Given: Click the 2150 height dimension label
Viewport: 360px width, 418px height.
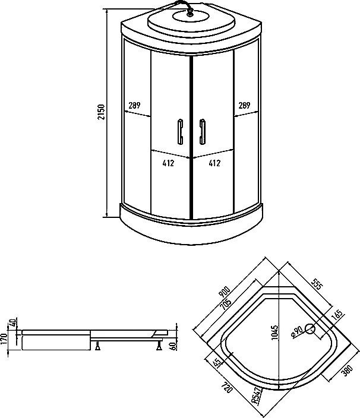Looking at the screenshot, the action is (102, 112).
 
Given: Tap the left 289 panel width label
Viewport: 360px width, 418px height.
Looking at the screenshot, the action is (134, 106).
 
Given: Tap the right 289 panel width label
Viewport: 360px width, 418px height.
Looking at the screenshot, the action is (244, 106).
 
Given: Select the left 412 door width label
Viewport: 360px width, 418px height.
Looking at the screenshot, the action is (168, 163).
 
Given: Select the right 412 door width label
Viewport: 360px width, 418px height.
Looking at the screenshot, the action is (214, 163).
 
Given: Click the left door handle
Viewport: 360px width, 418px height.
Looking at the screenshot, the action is (180, 132).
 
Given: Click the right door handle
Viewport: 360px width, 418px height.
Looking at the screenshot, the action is (203, 132).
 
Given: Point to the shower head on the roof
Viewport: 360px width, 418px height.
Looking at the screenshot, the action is (190, 12).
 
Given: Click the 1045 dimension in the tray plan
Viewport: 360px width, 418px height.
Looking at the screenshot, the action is (274, 332).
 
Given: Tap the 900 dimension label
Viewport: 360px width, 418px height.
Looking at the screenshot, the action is (225, 292).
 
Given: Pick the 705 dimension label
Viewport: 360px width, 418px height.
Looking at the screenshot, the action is (226, 303).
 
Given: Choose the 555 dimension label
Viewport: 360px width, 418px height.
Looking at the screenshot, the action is (317, 284).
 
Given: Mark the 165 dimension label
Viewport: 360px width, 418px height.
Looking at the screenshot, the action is (337, 315).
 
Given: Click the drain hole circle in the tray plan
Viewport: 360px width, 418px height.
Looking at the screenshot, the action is (310, 329).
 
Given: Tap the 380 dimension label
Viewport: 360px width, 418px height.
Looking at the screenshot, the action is (348, 370).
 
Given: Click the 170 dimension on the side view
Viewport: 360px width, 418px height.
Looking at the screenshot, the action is (4, 338).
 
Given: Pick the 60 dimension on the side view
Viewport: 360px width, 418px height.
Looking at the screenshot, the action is (173, 346).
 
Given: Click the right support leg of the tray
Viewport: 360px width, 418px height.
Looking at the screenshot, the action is (159, 345).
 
